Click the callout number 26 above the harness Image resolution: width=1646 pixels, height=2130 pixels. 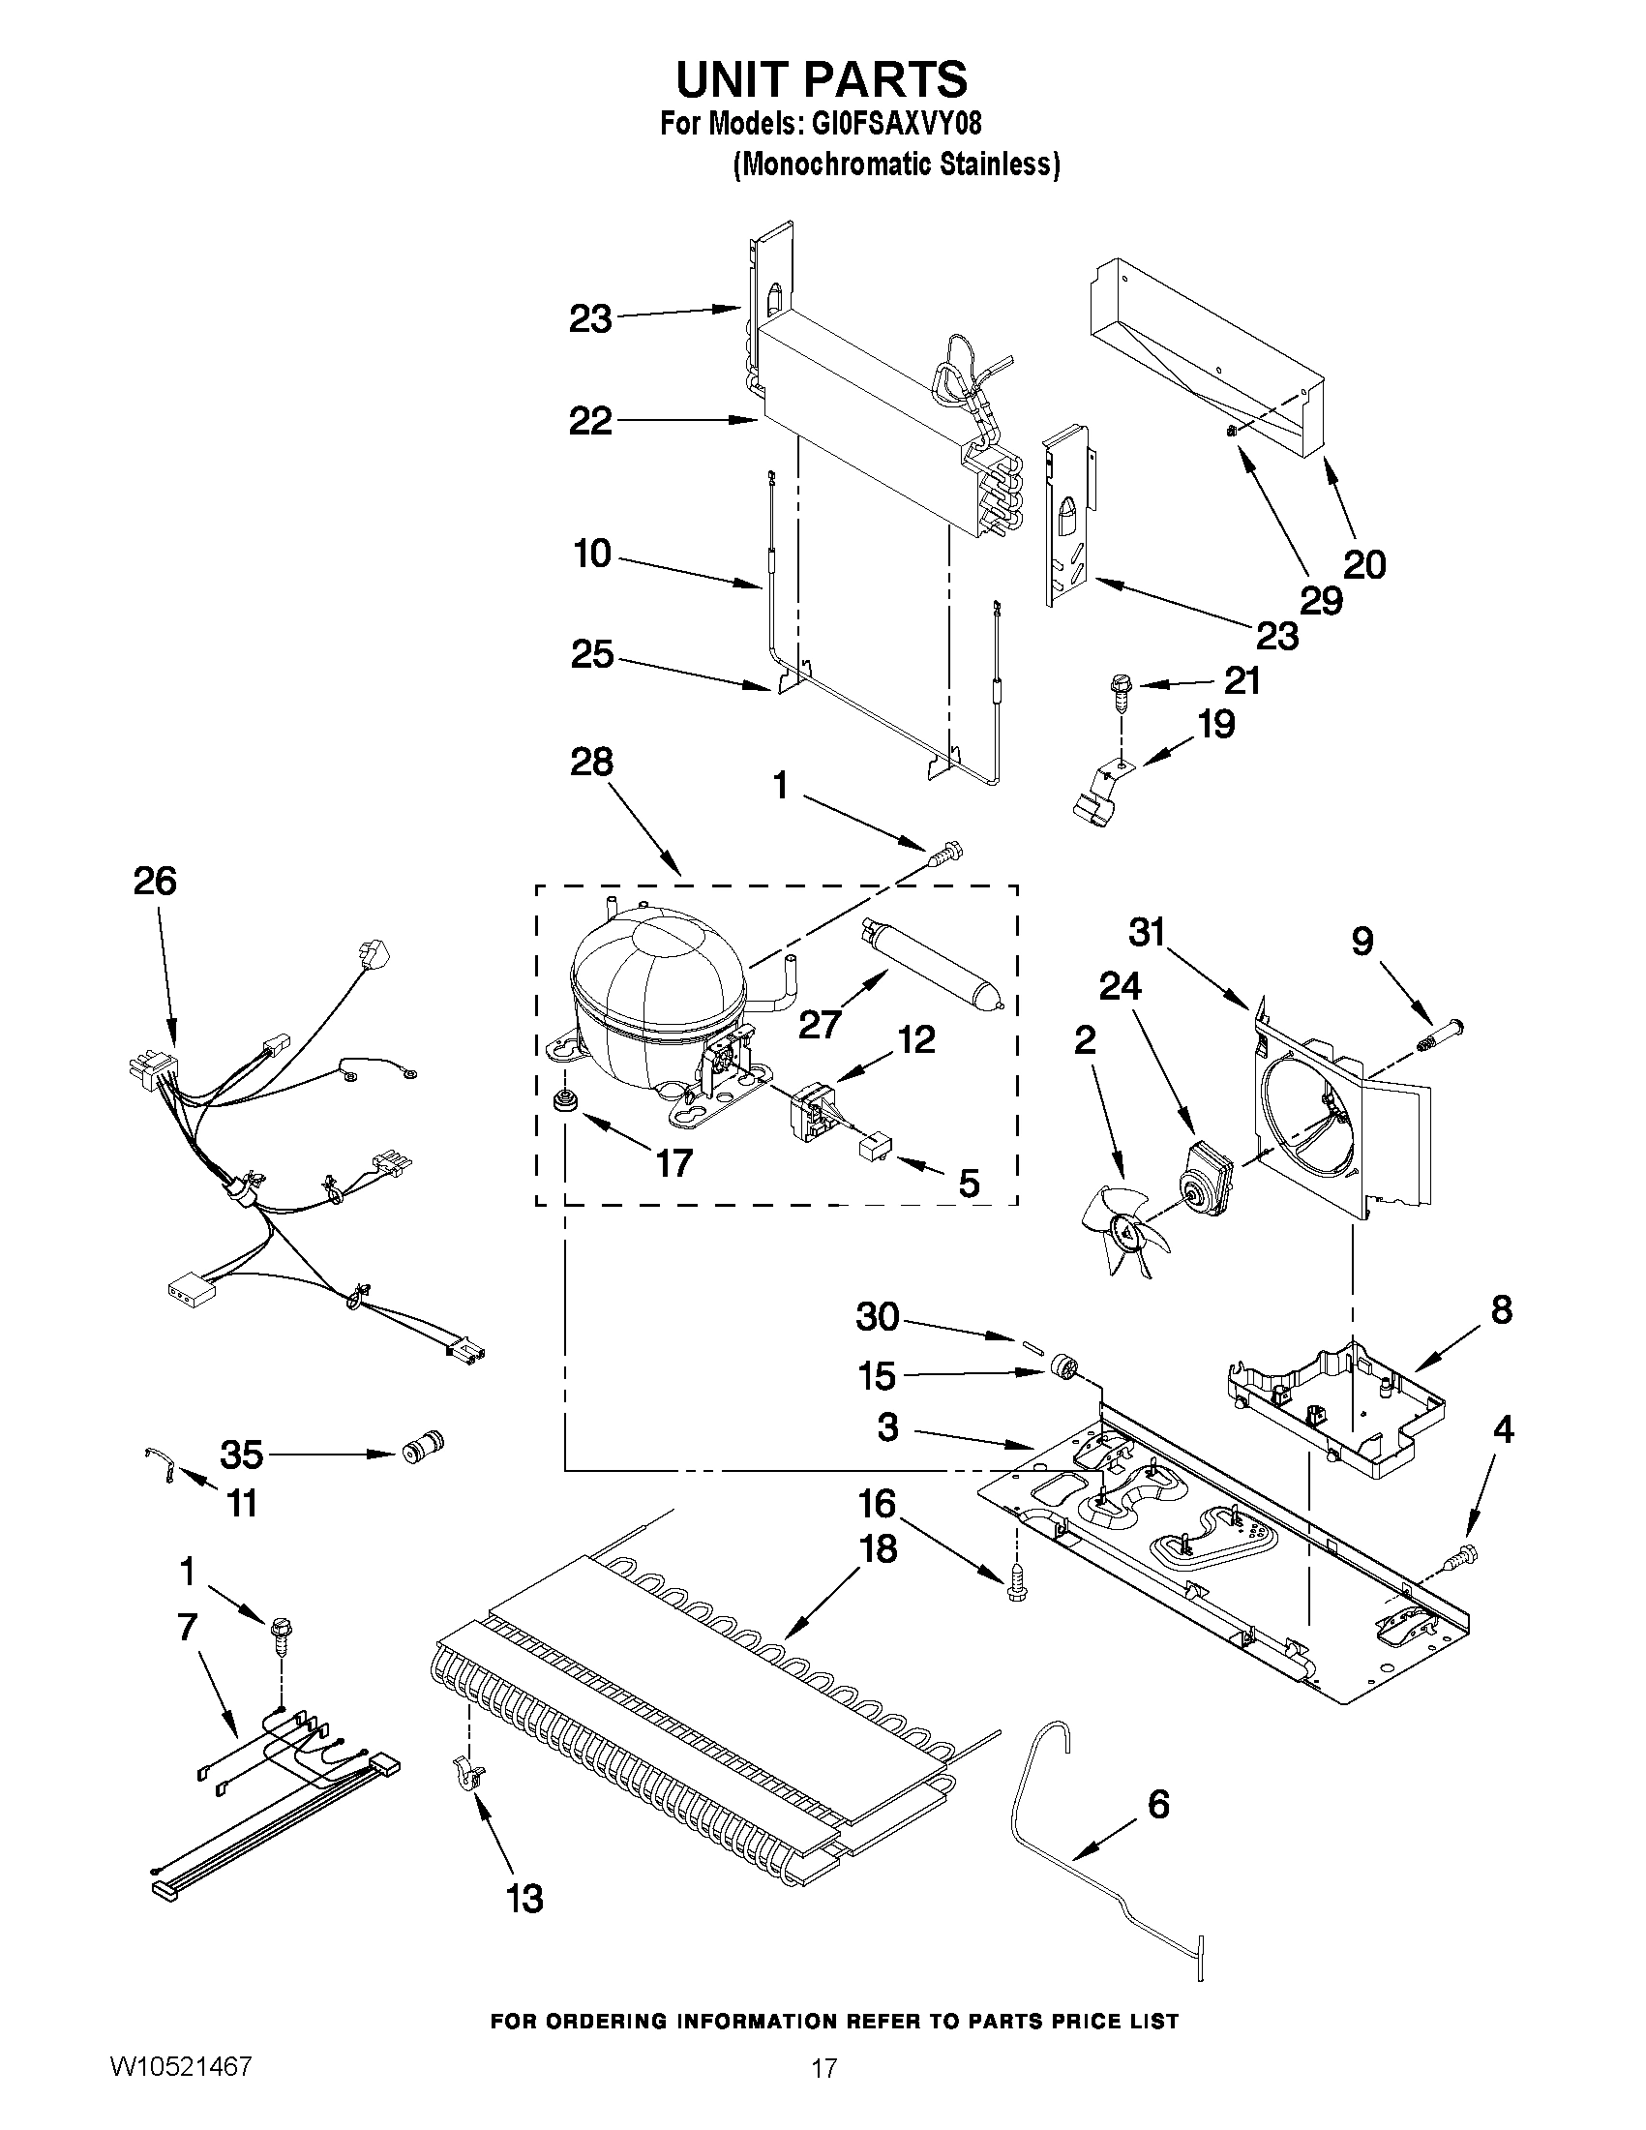(x=155, y=881)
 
